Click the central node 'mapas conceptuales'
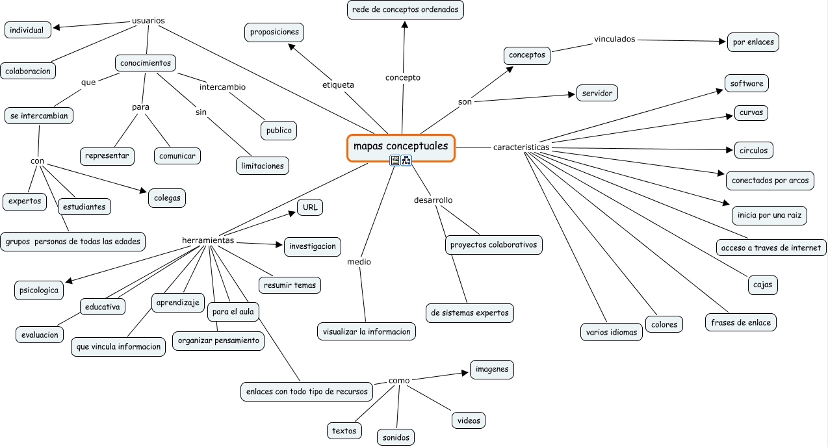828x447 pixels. (x=400, y=147)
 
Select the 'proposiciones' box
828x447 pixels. (x=274, y=32)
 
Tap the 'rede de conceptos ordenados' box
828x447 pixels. (x=406, y=10)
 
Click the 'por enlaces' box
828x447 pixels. (x=753, y=42)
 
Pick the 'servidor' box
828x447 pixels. (x=597, y=93)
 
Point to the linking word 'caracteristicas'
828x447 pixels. (x=521, y=147)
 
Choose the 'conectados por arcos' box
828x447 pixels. (x=770, y=180)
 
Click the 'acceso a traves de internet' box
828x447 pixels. (x=771, y=248)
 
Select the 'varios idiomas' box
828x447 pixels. (x=611, y=332)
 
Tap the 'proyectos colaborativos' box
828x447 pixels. (x=494, y=245)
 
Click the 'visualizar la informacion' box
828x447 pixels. (x=367, y=331)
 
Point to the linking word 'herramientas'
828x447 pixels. (x=208, y=240)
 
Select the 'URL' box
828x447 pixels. (x=310, y=207)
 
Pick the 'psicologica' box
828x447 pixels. (x=39, y=290)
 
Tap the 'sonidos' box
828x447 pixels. (x=396, y=437)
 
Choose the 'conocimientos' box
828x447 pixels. (x=146, y=63)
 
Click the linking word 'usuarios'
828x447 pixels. (x=148, y=20)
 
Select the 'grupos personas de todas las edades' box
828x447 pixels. (x=73, y=242)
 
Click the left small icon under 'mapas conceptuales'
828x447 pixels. (x=395, y=160)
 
